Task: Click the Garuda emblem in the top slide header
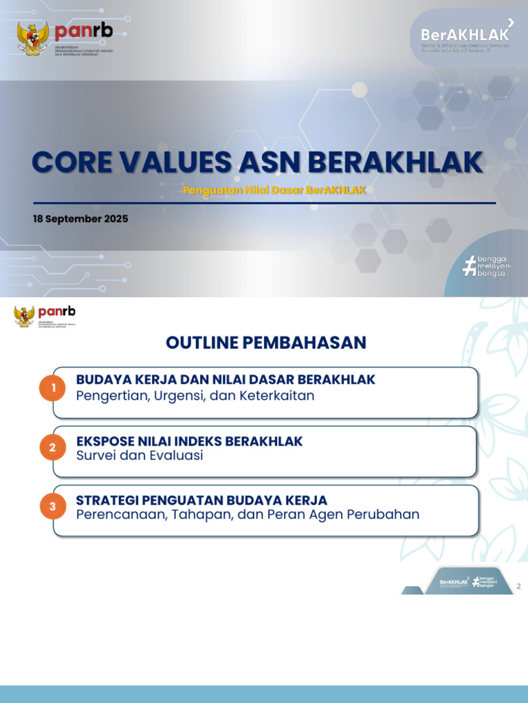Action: [x=33, y=38]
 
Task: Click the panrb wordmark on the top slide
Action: [x=83, y=31]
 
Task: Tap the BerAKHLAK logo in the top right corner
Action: [x=465, y=35]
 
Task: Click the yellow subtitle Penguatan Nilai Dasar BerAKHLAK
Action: [x=274, y=190]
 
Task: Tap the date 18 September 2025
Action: [x=80, y=219]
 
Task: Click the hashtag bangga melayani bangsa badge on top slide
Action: [x=487, y=266]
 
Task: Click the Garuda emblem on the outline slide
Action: [x=25, y=316]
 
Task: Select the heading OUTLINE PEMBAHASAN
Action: [x=265, y=343]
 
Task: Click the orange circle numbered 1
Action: [x=53, y=389]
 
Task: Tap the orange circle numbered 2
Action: [x=53, y=448]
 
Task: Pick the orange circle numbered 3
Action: [x=53, y=507]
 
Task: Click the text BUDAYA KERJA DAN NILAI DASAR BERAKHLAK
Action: [x=225, y=380]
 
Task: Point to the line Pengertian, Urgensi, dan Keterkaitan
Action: [x=195, y=396]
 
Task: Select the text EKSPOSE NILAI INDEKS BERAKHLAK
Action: [x=189, y=441]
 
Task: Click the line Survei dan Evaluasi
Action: [x=140, y=456]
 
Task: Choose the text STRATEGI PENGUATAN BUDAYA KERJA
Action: [x=201, y=500]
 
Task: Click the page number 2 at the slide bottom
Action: [x=518, y=586]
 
